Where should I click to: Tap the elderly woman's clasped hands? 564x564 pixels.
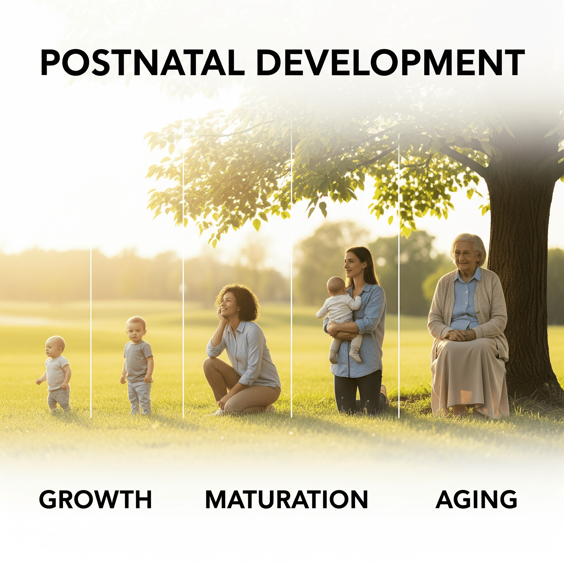point(459,335)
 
